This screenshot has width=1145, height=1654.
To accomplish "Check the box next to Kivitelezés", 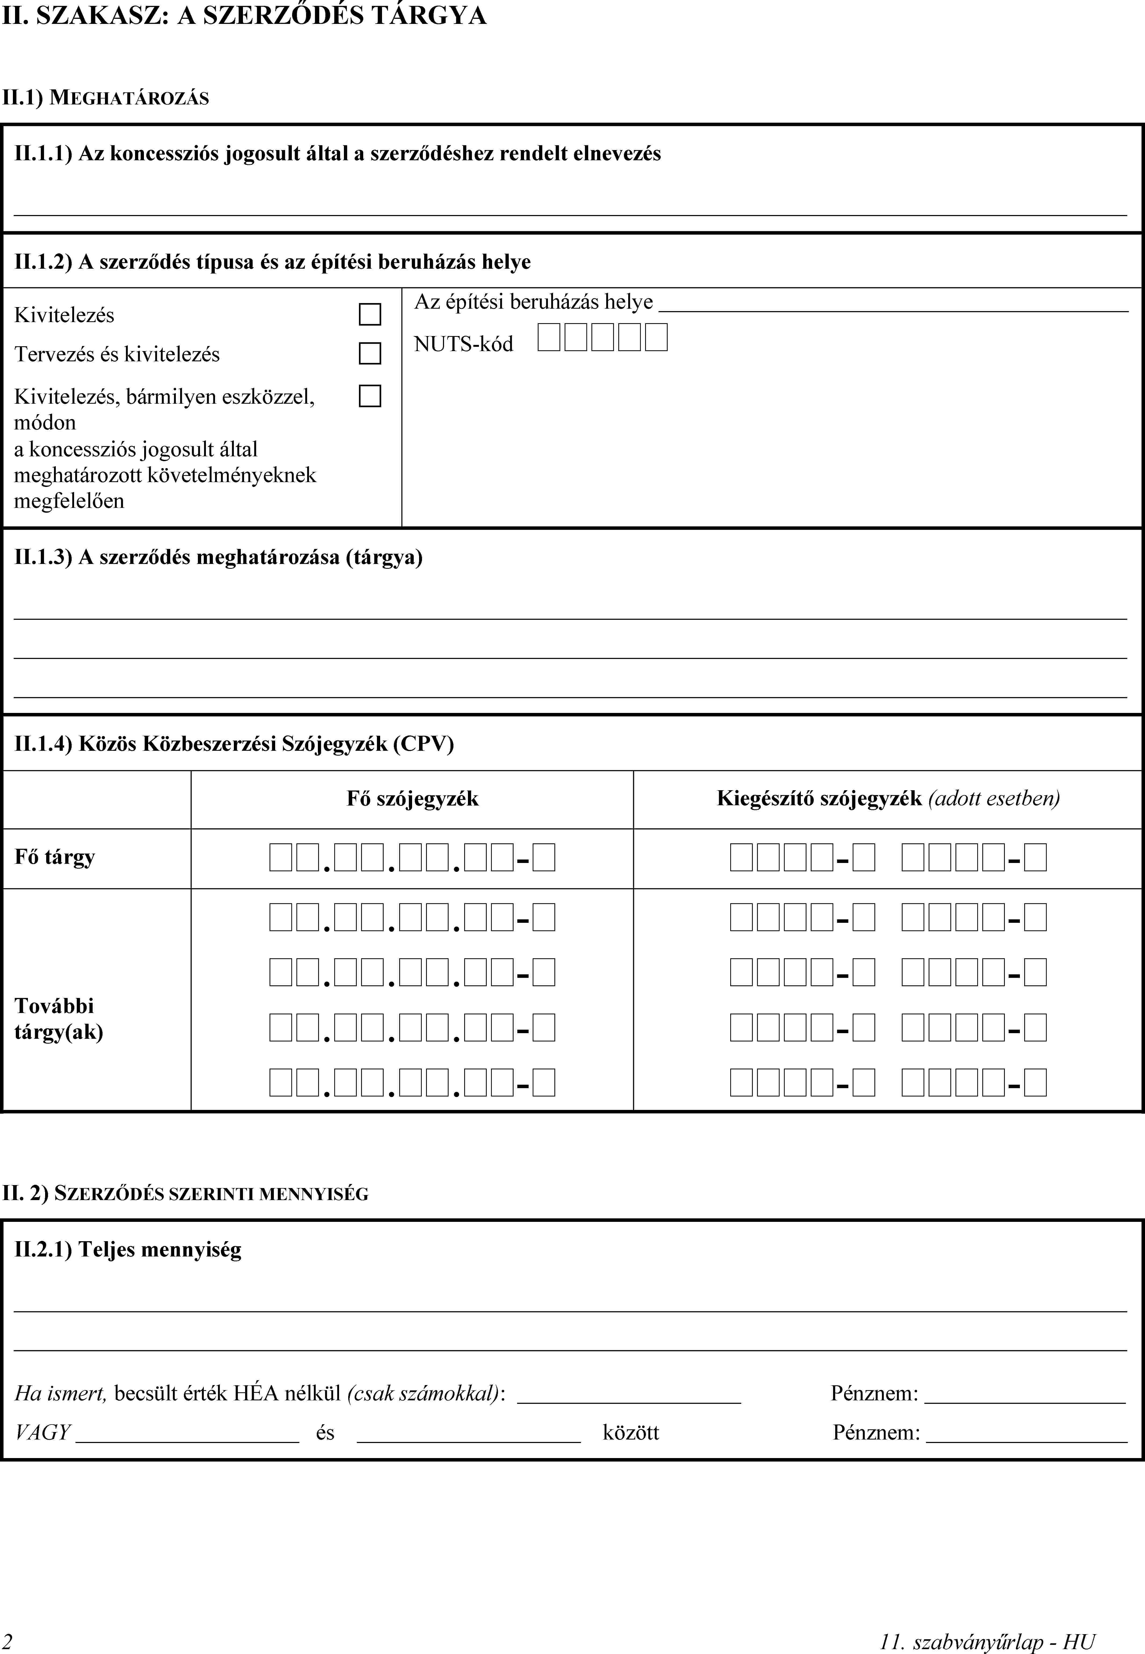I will (x=369, y=314).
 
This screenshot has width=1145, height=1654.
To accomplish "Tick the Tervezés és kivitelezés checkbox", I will (x=369, y=354).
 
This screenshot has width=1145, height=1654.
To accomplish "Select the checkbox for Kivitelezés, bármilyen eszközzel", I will (x=369, y=396).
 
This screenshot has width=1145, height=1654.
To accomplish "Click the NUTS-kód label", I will (x=463, y=344).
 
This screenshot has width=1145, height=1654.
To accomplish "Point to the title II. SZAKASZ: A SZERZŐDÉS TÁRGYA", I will (x=244, y=16).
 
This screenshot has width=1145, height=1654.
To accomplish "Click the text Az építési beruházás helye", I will (x=533, y=302).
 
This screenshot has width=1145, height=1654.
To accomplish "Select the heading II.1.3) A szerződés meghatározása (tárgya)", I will (x=218, y=557).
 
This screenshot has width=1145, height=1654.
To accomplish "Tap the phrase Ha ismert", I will (x=60, y=1393).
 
